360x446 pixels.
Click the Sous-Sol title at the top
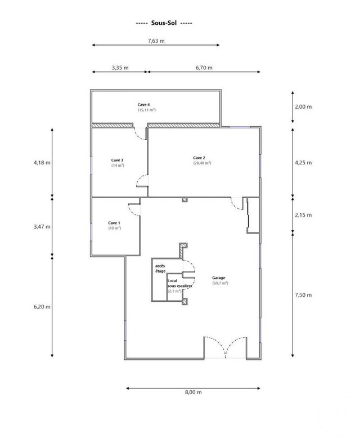165,24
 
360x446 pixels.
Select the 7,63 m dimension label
156,40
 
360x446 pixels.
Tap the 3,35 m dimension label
120,67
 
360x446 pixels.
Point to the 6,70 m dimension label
204,67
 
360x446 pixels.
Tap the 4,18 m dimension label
42,163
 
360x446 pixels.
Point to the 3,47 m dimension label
42,226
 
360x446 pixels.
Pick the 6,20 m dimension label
42,306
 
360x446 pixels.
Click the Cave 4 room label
144,105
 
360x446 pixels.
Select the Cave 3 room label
118,160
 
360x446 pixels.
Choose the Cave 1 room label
115,223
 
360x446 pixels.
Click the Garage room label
219,278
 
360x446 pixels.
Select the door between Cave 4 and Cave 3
141,133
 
